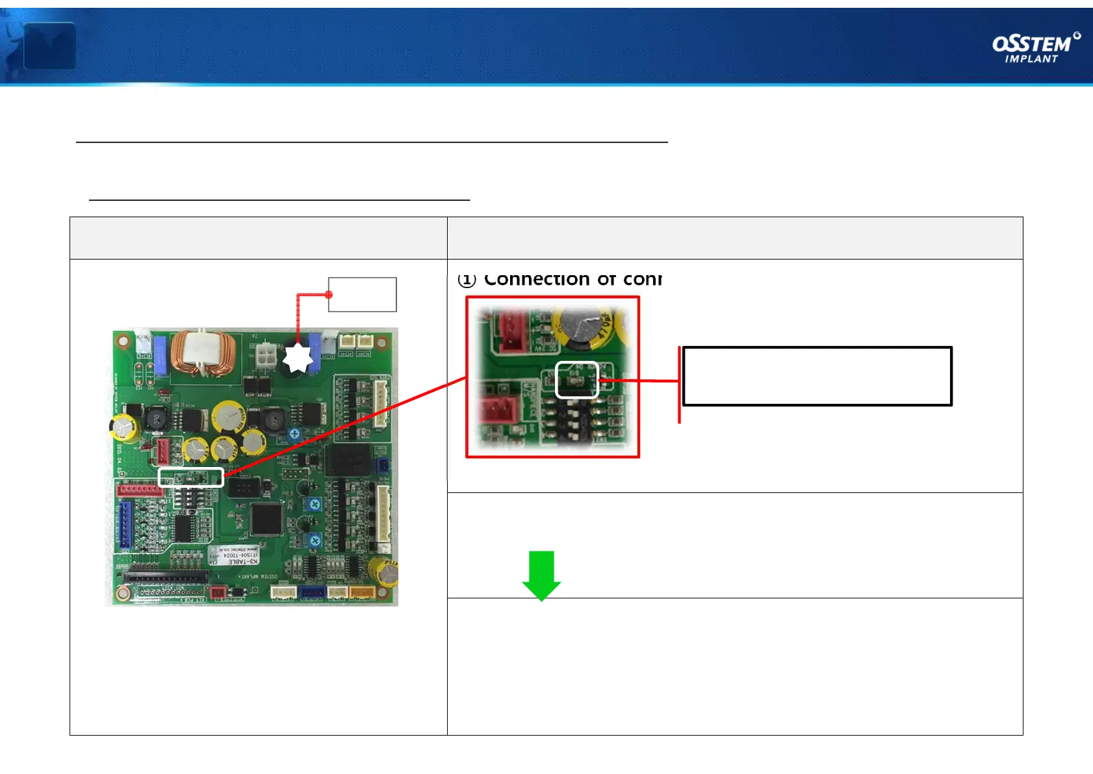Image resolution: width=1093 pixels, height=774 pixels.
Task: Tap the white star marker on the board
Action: point(298,358)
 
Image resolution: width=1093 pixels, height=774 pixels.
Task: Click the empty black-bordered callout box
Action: point(817,377)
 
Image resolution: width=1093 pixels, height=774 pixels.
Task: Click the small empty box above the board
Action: point(363,295)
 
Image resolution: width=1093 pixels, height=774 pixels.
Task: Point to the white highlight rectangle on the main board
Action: point(191,477)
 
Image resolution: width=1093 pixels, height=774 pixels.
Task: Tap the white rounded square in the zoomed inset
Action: point(577,380)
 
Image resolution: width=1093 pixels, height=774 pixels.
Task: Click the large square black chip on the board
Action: point(266,518)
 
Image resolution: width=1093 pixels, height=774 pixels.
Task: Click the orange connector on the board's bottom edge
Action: point(362,592)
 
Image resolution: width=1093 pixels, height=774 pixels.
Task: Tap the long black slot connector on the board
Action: point(166,576)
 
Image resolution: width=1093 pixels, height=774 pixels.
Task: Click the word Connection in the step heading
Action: point(537,279)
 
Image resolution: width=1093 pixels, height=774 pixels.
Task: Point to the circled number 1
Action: point(467,280)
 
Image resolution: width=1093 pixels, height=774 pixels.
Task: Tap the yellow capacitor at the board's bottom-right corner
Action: point(384,572)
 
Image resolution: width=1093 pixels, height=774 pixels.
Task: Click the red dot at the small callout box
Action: point(329,295)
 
